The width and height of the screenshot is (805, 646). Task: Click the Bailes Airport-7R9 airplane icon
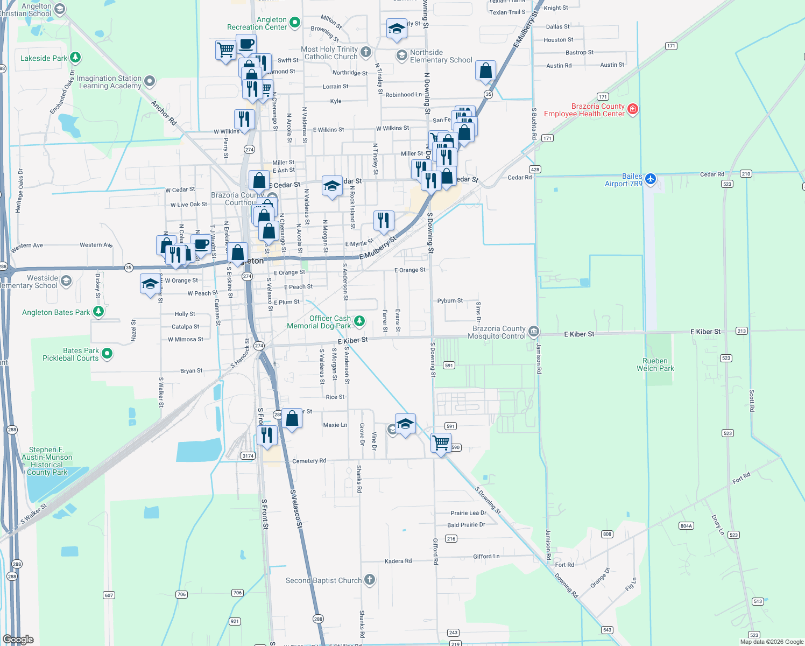coord(651,178)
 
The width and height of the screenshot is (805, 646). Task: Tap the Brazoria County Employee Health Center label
coord(584,110)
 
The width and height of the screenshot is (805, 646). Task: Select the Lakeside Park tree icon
coord(75,57)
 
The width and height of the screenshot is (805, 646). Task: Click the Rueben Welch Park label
coord(655,365)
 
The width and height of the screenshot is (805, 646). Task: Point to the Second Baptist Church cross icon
coord(369,580)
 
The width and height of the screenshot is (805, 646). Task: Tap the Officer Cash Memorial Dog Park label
coord(319,322)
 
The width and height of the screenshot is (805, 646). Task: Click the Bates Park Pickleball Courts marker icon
coord(107,354)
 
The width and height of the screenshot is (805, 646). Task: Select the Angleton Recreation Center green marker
coord(294,22)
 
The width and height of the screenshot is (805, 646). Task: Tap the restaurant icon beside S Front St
coord(267,435)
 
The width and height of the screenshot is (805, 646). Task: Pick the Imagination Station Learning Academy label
coord(109,82)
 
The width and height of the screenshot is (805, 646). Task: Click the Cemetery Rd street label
coord(309,461)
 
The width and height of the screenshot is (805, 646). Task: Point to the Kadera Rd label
coord(398,561)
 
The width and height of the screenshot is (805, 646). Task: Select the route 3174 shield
coord(248,456)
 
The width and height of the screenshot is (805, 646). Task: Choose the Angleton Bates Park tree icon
coord(98,311)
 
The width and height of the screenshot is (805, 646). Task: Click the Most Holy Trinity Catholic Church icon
coord(366,52)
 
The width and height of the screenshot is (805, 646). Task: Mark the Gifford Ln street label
coord(486,557)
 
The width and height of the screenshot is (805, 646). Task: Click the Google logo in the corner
coord(18,639)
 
